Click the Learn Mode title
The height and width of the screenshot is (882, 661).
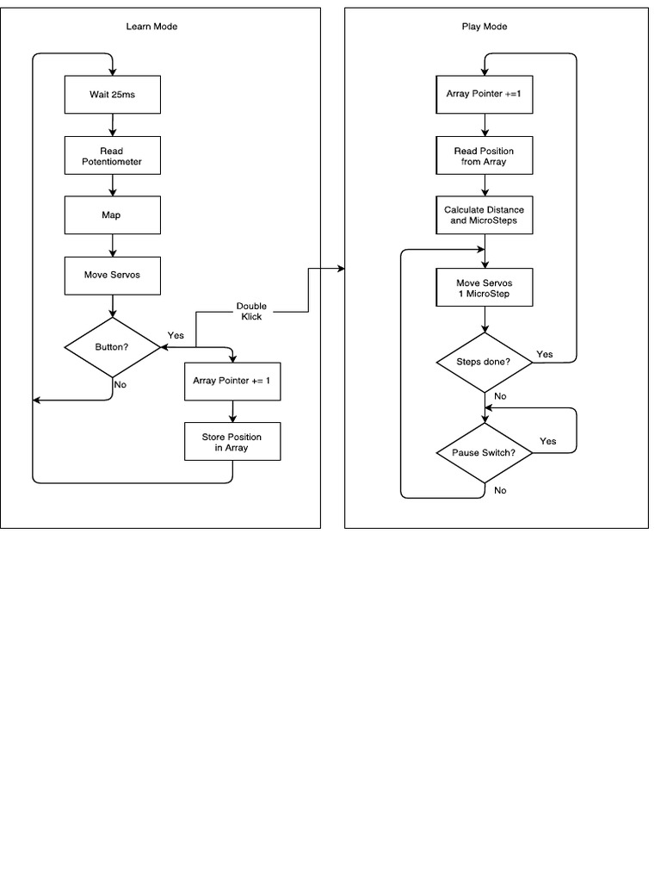coord(151,27)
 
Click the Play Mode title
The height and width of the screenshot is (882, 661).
coord(485,27)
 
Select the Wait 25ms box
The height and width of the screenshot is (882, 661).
coord(112,95)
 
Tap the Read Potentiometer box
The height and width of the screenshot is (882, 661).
coord(112,156)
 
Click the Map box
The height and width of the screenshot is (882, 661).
coord(112,214)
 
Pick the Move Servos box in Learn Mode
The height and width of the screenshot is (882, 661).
coord(112,276)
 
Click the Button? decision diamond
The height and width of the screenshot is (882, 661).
coord(112,347)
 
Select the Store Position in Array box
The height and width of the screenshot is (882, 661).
coord(232,442)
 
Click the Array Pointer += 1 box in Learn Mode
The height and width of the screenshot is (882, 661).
coord(232,382)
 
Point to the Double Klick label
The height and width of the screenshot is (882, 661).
coord(251,312)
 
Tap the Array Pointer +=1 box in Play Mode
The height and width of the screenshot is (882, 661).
coord(484,95)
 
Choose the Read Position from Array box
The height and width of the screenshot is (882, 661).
coord(484,156)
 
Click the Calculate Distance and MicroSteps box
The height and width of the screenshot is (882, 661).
coord(484,214)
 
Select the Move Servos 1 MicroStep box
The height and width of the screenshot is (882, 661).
coord(484,287)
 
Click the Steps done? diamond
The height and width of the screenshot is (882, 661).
coord(484,362)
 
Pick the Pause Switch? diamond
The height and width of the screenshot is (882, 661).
coord(484,453)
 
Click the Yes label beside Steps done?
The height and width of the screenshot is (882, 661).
coord(545,354)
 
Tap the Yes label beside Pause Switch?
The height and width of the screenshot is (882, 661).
coord(547,441)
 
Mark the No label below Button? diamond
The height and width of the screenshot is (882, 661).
coord(120,385)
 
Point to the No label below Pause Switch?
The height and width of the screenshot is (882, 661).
coord(500,490)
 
